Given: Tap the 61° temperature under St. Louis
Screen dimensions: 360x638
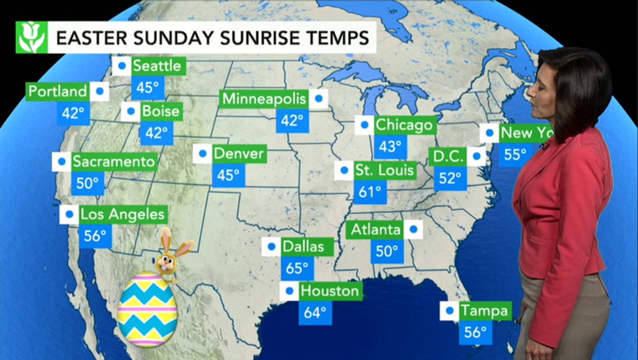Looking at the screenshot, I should coord(370,191).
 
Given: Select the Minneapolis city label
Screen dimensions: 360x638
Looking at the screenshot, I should coord(264,98).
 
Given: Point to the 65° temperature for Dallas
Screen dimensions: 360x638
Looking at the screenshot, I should coord(297,268).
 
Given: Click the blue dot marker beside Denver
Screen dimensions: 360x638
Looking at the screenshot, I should coord(202,153).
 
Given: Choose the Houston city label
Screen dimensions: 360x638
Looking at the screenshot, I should coord(329,290).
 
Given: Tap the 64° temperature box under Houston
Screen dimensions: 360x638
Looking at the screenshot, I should coord(315,312).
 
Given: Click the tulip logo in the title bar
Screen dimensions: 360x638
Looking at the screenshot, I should coord(31,37).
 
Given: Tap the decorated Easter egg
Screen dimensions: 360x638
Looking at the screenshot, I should coord(147,308).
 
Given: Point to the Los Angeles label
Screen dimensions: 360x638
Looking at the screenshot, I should coord(122,214).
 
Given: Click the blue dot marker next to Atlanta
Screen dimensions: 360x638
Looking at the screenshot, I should coord(413,229).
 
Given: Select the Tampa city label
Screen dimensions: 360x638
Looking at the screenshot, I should coord(483,310).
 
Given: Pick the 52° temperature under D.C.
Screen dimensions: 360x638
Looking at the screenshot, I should coord(450,178).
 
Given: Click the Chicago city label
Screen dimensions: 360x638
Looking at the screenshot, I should coord(404,124).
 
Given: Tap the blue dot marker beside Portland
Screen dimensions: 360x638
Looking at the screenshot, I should coord(99,91).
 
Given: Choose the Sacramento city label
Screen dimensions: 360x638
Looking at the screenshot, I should coord(114,161).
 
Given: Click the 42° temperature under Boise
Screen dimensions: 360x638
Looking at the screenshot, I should coord(156,132).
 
